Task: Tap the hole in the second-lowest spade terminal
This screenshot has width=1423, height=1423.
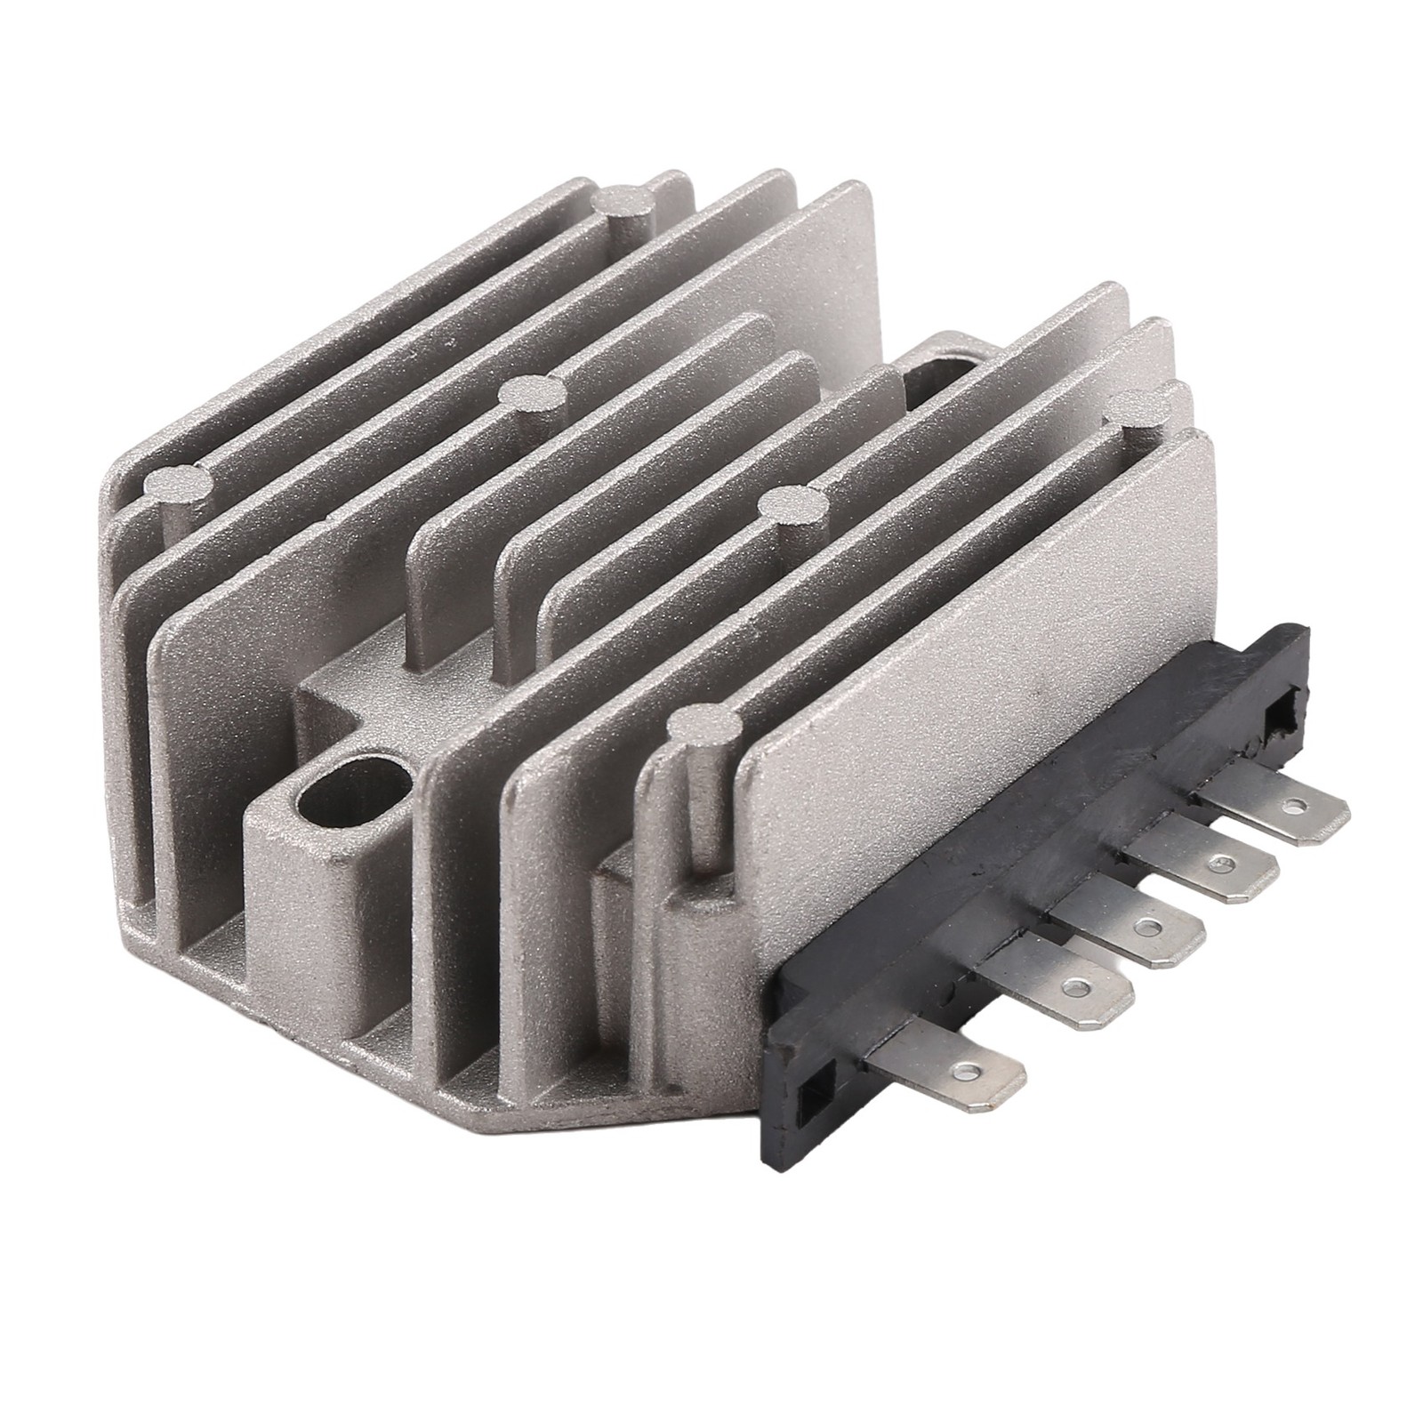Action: tap(1078, 986)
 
